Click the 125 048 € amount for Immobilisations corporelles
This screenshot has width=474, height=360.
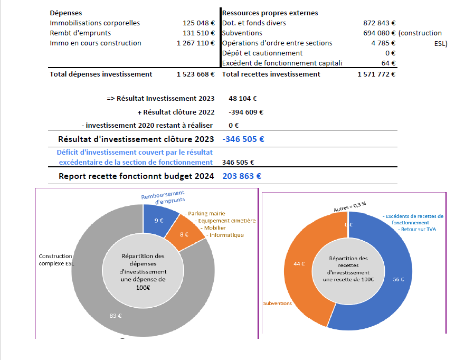(x=198, y=23)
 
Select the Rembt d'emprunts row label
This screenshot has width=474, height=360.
(x=80, y=33)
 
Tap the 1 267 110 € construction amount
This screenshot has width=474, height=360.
(x=195, y=43)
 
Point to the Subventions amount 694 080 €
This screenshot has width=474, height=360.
(x=380, y=33)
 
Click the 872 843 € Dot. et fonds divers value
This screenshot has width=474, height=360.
(x=380, y=23)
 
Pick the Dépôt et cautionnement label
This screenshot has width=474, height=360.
(x=262, y=53)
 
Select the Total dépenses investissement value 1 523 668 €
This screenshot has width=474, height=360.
(x=195, y=74)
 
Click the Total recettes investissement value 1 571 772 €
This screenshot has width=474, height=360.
(x=376, y=74)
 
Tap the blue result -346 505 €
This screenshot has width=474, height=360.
(x=243, y=139)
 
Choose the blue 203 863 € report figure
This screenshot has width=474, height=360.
(x=242, y=176)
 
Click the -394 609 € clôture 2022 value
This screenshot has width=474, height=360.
(x=246, y=112)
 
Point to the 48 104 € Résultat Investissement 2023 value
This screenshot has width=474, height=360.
(x=243, y=99)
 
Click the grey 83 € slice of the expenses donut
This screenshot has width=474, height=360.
(x=116, y=315)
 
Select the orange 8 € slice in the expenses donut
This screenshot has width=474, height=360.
(x=185, y=234)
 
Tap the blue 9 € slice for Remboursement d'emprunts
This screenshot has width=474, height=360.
(x=159, y=221)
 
